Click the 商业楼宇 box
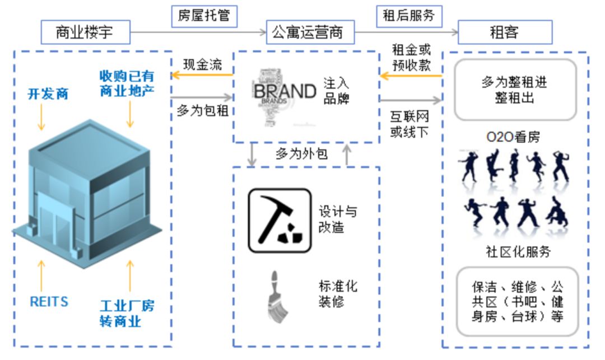(85, 32)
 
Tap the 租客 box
(505, 32)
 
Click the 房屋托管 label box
(204, 16)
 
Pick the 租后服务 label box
(409, 15)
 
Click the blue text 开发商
(48, 93)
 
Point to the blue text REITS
(49, 302)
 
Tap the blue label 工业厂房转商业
(127, 314)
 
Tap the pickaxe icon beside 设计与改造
(280, 220)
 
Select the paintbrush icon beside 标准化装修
(276, 297)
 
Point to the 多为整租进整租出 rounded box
(514, 90)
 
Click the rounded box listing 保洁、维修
(516, 302)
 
